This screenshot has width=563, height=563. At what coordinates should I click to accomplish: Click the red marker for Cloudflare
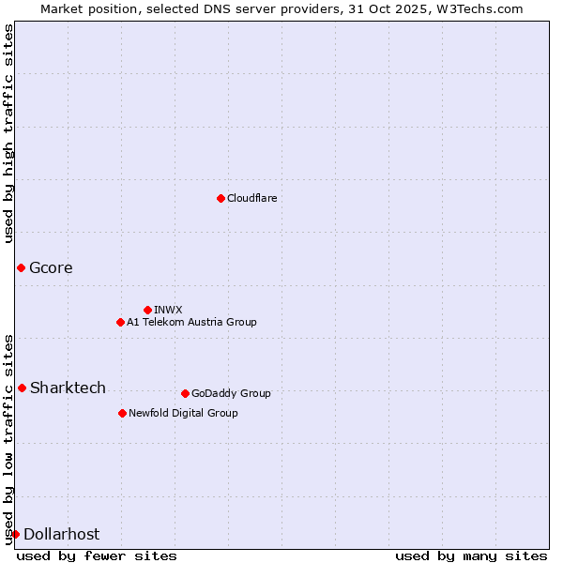pyautogui.click(x=221, y=198)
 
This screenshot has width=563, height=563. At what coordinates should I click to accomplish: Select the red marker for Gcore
pyautogui.click(x=21, y=268)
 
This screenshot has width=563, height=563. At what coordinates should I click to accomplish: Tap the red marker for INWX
pyautogui.click(x=147, y=310)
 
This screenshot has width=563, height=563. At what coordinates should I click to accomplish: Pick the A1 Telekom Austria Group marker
pyautogui.click(x=120, y=322)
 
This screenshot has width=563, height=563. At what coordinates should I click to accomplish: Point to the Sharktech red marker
pyautogui.click(x=22, y=388)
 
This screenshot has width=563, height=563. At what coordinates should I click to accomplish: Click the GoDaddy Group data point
pyautogui.click(x=185, y=393)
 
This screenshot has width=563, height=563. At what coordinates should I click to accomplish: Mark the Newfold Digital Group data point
pyautogui.click(x=122, y=413)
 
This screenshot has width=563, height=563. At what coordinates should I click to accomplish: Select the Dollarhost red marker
pyautogui.click(x=15, y=534)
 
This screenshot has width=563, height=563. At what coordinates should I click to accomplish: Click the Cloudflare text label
pyautogui.click(x=252, y=198)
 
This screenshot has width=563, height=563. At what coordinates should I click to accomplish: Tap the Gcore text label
pyautogui.click(x=51, y=268)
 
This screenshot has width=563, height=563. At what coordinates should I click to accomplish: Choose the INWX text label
pyautogui.click(x=168, y=310)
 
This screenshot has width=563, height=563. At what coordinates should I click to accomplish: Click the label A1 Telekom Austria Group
pyautogui.click(x=191, y=322)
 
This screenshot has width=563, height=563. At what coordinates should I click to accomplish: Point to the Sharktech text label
pyautogui.click(x=68, y=388)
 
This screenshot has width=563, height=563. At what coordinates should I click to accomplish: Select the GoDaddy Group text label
pyautogui.click(x=231, y=393)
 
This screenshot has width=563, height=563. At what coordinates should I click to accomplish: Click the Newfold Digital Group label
pyautogui.click(x=183, y=413)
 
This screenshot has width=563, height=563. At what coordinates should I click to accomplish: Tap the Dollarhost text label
pyautogui.click(x=61, y=534)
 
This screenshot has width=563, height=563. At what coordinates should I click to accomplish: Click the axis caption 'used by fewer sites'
pyautogui.click(x=97, y=555)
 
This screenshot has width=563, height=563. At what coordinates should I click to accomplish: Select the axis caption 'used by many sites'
pyautogui.click(x=471, y=555)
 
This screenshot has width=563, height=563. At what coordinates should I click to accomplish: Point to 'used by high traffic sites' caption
pyautogui.click(x=8, y=133)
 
